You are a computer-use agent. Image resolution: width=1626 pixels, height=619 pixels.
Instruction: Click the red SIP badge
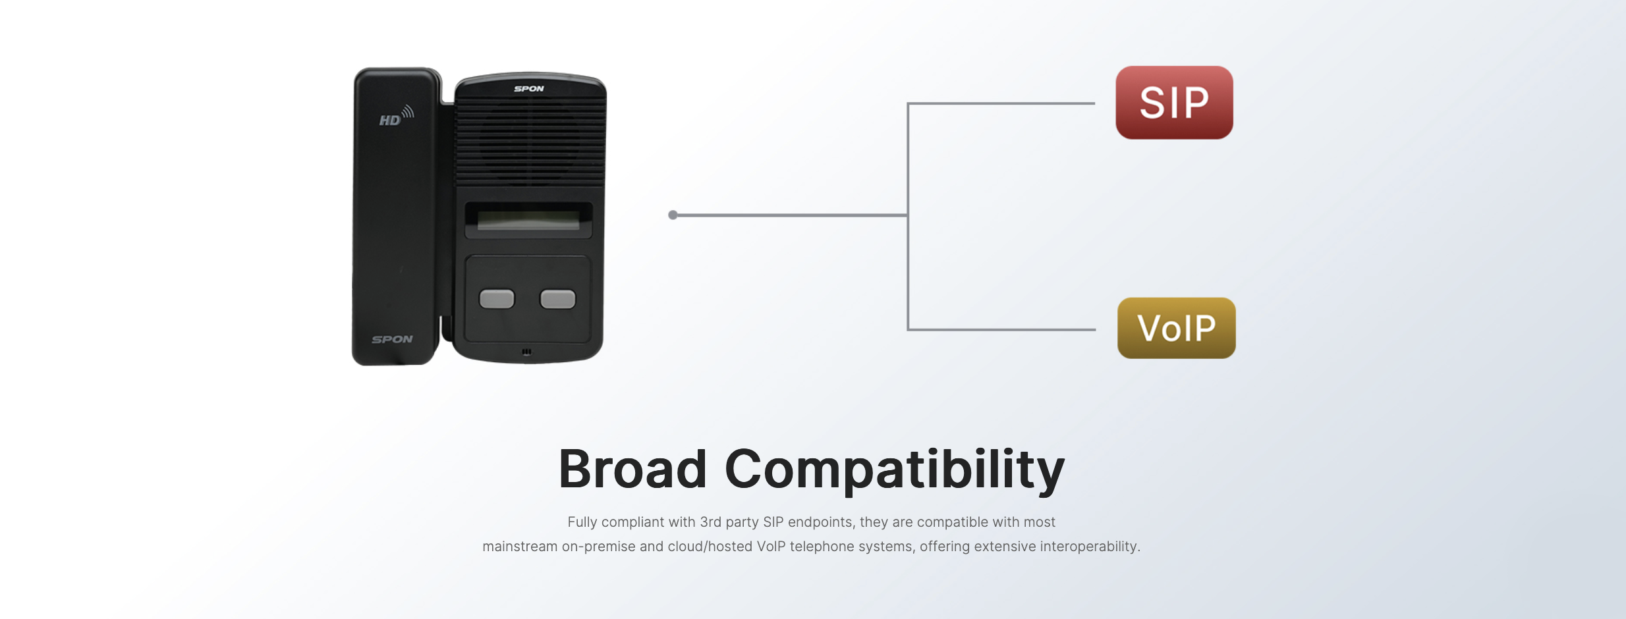(x=1174, y=103)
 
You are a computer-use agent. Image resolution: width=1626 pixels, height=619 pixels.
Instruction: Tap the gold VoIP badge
(x=1176, y=328)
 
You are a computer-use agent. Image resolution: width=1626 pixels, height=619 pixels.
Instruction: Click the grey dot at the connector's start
(x=673, y=215)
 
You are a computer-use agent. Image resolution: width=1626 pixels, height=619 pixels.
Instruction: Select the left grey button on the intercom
(x=497, y=299)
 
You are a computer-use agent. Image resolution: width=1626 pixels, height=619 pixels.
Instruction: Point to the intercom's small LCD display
(x=528, y=220)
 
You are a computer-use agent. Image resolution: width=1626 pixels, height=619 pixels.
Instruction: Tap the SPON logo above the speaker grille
(x=529, y=88)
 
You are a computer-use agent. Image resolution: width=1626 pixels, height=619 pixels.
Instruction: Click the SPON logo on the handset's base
(x=392, y=339)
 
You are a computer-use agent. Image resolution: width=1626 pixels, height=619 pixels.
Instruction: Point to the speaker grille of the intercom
(x=530, y=142)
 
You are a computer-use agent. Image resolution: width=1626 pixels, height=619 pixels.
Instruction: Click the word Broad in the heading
(x=632, y=469)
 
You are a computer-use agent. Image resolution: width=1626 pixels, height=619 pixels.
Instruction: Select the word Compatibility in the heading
(x=894, y=469)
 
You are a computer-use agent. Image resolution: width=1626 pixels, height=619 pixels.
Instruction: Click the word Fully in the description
(x=582, y=522)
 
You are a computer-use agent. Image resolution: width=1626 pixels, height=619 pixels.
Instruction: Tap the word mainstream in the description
(x=519, y=547)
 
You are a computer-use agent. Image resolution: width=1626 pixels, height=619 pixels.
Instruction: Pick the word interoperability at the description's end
(x=1088, y=547)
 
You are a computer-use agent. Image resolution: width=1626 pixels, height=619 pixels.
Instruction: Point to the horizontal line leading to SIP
(x=1001, y=103)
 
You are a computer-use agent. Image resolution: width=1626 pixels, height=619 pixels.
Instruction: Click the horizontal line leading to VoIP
(x=1001, y=329)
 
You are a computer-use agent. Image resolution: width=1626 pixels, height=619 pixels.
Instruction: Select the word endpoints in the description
(x=820, y=522)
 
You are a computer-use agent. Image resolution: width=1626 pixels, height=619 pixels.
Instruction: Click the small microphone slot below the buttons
(x=526, y=352)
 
